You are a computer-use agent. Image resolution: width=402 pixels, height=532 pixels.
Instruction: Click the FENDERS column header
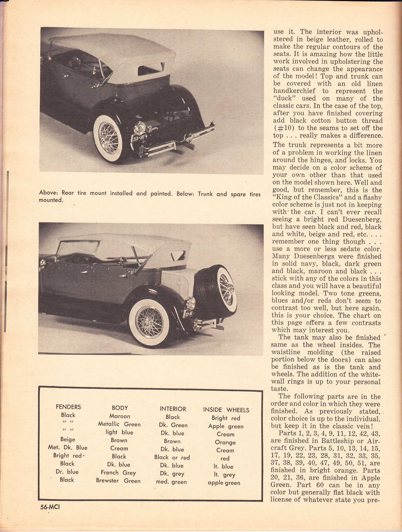(x=68, y=407)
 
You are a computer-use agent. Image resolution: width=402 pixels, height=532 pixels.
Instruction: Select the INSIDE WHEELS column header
(x=226, y=410)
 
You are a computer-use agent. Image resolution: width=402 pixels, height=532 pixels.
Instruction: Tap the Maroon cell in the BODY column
(x=120, y=416)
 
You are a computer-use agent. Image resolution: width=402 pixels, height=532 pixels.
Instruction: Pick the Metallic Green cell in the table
(x=119, y=424)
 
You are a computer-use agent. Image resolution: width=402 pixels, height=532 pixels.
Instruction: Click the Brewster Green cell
(x=118, y=481)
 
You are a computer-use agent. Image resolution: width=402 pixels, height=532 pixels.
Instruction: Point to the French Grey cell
(x=118, y=472)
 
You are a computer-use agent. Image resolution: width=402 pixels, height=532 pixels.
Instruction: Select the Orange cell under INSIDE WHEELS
(x=225, y=442)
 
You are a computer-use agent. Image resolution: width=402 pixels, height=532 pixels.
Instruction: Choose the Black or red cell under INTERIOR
(x=172, y=457)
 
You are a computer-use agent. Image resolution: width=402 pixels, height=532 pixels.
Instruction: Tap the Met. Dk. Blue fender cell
(x=68, y=448)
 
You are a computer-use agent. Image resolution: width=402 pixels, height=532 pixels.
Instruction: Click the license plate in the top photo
(x=138, y=138)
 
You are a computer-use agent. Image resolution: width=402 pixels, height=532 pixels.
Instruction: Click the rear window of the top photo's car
(x=150, y=69)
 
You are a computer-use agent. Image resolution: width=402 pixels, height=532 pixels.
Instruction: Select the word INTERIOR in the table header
(x=173, y=409)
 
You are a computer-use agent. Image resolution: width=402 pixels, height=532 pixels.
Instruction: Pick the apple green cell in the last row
(x=224, y=483)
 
